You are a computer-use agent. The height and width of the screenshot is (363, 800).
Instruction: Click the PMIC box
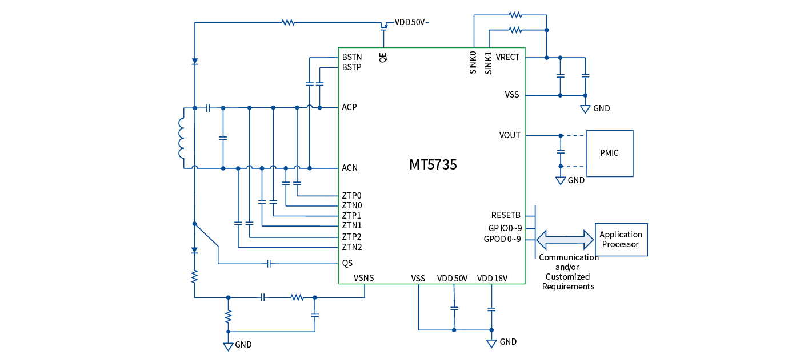coord(609,153)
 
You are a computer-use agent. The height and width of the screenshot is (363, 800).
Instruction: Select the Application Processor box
coord(621,239)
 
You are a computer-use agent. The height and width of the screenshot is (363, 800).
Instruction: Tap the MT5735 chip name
coord(433,165)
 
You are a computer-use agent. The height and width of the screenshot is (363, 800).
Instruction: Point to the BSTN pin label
coord(351,57)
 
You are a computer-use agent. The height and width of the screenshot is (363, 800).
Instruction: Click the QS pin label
coord(347,263)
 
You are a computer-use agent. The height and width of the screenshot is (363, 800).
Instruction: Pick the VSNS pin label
coord(363,278)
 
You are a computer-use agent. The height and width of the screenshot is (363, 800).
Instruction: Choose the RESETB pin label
coord(506,215)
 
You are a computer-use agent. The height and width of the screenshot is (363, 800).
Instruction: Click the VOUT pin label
coord(510,135)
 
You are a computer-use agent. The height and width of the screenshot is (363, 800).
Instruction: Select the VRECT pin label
coord(507,57)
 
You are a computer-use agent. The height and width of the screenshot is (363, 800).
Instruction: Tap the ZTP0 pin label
coord(351,195)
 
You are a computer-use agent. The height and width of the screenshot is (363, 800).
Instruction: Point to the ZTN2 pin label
coord(351,247)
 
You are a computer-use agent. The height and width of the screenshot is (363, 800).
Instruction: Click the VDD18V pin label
coord(493,279)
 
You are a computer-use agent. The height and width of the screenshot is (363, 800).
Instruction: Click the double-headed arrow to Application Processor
coord(565,239)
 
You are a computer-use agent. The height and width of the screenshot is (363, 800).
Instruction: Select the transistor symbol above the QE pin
coord(385,26)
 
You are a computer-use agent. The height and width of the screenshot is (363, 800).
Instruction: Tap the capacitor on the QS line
coord(269,264)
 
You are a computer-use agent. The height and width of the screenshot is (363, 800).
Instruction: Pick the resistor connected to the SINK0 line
coord(515,15)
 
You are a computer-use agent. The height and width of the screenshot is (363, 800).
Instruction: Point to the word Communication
coord(569,257)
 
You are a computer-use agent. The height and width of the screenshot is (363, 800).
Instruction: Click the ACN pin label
coord(350,168)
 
